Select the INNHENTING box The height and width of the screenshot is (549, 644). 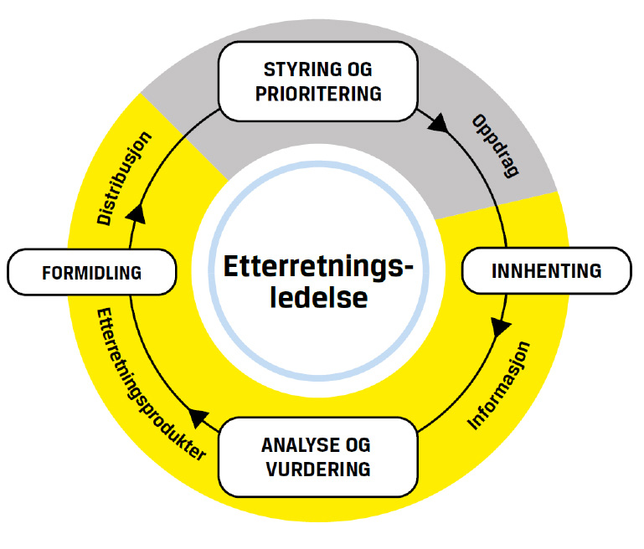(546, 270)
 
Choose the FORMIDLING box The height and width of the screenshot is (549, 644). (92, 273)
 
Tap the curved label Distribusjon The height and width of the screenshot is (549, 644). (124, 177)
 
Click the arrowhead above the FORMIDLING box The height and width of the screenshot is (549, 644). (136, 215)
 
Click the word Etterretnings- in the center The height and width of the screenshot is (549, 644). (318, 266)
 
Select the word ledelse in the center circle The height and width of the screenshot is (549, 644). (318, 297)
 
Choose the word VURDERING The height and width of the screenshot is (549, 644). (318, 469)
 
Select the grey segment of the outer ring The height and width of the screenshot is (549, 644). (193, 117)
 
